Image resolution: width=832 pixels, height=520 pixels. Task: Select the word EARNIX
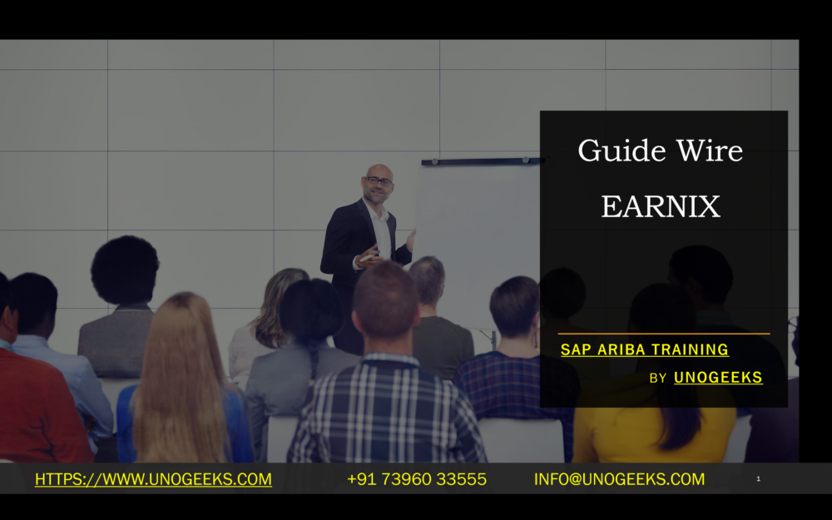click(661, 206)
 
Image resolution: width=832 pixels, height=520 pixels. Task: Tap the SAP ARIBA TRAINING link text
click(644, 349)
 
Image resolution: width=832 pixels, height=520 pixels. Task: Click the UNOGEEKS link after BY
click(718, 377)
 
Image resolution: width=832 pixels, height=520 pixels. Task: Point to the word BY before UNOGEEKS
click(658, 378)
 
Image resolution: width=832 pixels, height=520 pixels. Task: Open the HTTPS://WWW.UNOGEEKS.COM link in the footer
click(153, 479)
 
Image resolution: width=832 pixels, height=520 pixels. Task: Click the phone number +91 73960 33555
click(416, 479)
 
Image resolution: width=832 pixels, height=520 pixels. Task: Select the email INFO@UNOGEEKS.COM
click(619, 479)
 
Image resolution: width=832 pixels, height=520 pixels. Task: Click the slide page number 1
click(758, 478)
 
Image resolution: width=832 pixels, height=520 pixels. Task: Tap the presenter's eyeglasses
click(379, 180)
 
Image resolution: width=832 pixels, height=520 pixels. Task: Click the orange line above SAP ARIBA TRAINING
click(663, 334)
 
